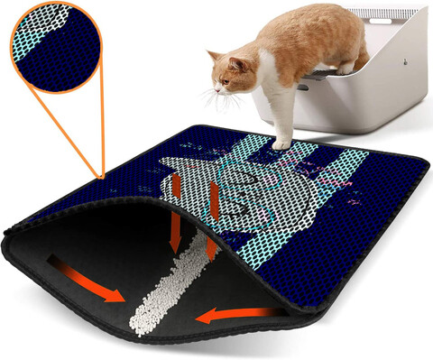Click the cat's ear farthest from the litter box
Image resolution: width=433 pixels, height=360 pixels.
click(213, 56)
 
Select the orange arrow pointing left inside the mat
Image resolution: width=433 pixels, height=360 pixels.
click(225, 313)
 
